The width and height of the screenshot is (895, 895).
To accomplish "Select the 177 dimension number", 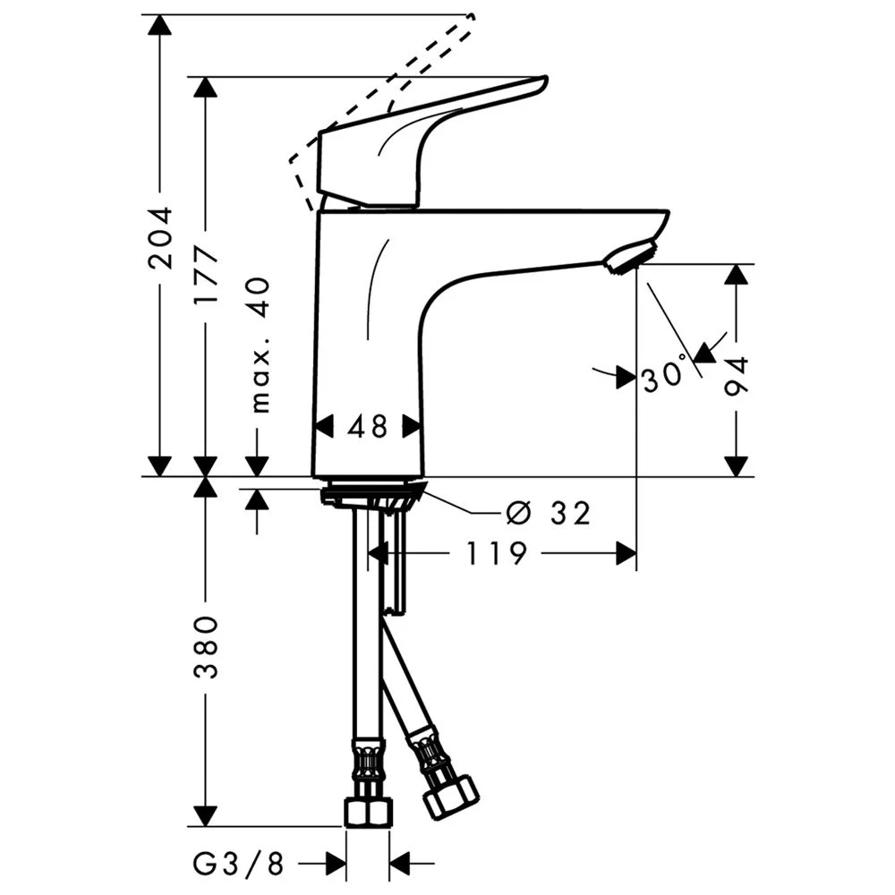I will coord(207,275).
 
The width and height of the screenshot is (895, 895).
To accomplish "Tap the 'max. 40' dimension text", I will coord(259,345).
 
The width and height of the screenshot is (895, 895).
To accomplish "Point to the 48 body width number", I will coord(368,427).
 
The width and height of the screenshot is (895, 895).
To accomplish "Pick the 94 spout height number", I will coord(737,375).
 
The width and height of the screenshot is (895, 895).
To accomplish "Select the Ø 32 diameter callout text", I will coord(548,513).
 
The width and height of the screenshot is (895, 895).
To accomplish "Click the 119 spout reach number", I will coord(495,555).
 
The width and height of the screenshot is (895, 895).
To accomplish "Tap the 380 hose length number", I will coord(207,646).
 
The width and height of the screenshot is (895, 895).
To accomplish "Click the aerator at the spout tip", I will coord(630,257).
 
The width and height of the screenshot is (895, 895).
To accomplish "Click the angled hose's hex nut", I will coord(449,795).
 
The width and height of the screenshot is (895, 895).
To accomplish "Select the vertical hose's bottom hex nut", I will coord(367,810).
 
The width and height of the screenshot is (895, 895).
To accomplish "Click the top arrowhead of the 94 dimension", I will coord(737,274).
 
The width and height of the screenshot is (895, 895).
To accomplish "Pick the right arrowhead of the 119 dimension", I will coord(626,555).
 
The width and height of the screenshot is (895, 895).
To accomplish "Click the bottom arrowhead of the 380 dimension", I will coord(207,816).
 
